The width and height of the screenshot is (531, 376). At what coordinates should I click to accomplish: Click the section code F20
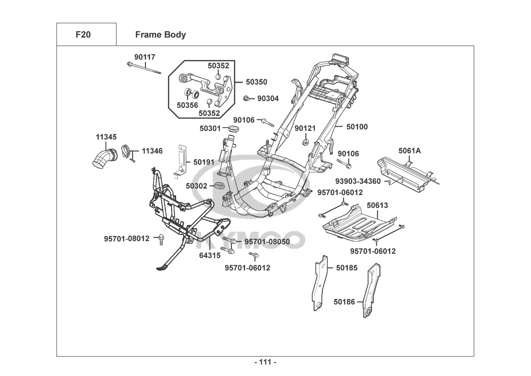(x=83, y=35)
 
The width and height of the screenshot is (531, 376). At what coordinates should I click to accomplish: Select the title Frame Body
(x=160, y=35)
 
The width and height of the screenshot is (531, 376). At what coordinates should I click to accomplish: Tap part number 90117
(x=144, y=57)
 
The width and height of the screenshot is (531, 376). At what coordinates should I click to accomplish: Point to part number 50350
(x=256, y=82)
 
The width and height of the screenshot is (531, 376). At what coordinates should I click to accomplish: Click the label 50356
(x=187, y=105)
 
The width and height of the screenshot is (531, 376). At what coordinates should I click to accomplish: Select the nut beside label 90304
(x=247, y=99)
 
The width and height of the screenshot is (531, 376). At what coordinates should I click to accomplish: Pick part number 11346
(x=152, y=151)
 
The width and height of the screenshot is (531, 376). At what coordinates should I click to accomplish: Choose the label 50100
(x=357, y=127)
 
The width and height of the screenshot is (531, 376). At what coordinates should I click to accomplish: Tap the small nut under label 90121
(x=305, y=143)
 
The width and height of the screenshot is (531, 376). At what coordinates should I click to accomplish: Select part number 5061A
(x=409, y=151)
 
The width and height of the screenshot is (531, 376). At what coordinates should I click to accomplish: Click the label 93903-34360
(x=358, y=181)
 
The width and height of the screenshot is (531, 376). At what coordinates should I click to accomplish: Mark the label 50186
(x=344, y=302)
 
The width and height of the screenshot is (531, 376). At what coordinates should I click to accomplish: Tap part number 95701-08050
(x=267, y=242)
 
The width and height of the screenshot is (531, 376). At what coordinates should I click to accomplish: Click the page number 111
(x=265, y=362)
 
